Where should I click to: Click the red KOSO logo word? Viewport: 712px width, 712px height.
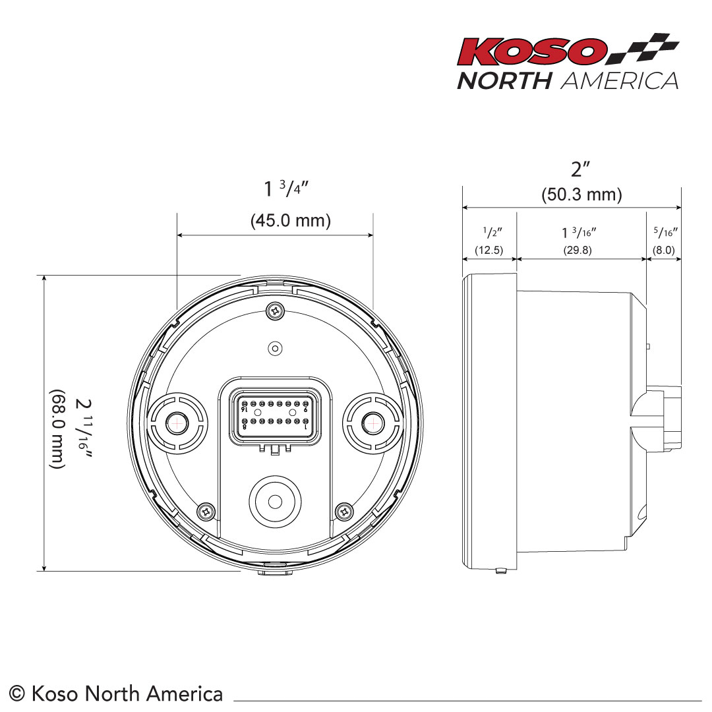[532, 51]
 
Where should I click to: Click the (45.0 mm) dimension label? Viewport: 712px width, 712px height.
[291, 221]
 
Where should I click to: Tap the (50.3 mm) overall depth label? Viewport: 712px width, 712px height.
[581, 195]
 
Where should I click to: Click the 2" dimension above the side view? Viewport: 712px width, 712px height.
[581, 169]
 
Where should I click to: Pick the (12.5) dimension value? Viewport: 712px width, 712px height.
[489, 251]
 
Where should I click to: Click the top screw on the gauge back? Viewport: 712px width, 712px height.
[275, 309]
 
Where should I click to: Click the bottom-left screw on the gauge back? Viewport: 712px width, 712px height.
[207, 510]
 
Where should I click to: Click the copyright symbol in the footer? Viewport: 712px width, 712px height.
[18, 694]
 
